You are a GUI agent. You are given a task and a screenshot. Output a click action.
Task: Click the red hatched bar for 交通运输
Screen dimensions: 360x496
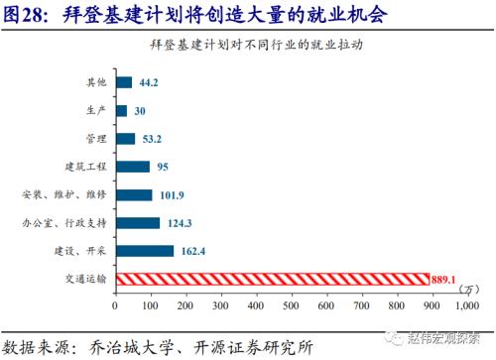point(273,279)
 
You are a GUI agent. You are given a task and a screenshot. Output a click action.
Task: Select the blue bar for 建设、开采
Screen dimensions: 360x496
point(145,251)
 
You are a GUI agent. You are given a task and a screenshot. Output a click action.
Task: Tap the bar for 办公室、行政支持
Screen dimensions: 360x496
point(138,223)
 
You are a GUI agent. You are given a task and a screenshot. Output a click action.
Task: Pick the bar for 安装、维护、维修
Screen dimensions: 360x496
point(134,194)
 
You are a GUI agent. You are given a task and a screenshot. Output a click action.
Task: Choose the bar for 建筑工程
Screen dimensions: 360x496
point(133,167)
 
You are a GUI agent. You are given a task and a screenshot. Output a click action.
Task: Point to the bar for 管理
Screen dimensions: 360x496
point(126,138)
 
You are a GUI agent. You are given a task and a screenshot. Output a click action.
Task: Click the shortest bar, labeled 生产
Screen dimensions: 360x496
point(121,110)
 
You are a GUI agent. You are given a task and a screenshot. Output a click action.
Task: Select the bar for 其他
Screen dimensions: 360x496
point(124,82)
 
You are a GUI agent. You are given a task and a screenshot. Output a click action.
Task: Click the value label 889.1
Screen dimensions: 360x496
point(445,280)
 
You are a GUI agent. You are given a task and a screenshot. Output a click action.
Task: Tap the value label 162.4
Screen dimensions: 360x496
point(191,252)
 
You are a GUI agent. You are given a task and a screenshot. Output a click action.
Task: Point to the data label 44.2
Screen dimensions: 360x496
point(149,82)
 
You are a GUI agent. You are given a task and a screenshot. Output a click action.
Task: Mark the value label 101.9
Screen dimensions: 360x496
point(170,195)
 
